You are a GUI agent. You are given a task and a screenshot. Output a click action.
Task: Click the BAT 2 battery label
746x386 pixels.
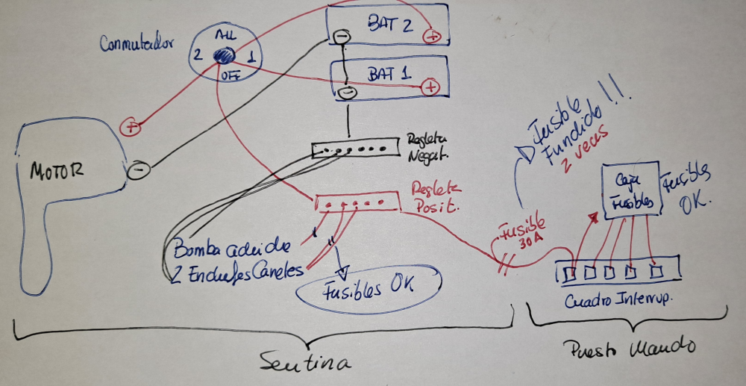pos(389,24)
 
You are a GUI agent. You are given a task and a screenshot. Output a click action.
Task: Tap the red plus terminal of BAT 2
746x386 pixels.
pos(432,35)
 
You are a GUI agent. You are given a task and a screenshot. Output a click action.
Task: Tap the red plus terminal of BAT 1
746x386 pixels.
pos(429,88)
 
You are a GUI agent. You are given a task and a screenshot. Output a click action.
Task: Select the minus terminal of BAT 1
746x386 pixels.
pos(346,92)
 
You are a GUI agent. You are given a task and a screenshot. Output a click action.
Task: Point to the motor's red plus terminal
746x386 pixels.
pos(131,127)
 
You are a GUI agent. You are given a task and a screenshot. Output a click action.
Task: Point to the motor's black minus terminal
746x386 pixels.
pos(137,169)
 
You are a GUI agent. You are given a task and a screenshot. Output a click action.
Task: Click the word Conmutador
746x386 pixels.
pos(137,43)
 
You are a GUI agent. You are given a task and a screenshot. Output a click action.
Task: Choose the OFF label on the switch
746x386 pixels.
pos(229,75)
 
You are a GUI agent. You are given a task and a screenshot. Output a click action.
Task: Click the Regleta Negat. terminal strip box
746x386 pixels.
pos(351,149)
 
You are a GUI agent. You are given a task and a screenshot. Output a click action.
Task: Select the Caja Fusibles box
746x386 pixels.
pos(630,190)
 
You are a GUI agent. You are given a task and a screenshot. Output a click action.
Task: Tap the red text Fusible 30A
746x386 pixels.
pos(523,234)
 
